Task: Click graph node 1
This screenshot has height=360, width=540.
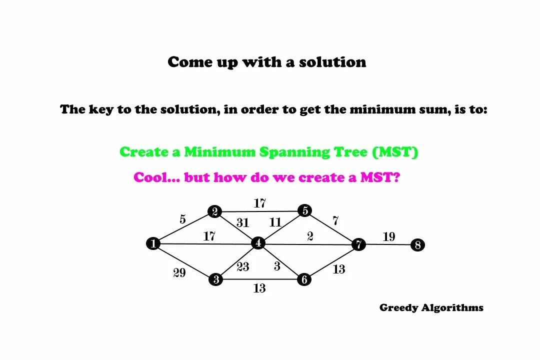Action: (x=153, y=243)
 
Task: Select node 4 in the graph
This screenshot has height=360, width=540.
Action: (x=258, y=243)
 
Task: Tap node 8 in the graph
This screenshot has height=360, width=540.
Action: (x=417, y=245)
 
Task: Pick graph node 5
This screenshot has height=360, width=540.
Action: (x=304, y=210)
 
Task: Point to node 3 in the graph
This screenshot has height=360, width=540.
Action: (x=215, y=279)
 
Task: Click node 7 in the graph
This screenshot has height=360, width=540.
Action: (x=358, y=244)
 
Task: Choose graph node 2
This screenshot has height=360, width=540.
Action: (x=215, y=211)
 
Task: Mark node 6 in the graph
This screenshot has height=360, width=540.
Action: (x=304, y=279)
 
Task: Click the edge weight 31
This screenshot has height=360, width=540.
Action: (x=242, y=223)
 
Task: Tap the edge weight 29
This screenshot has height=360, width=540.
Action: (x=179, y=273)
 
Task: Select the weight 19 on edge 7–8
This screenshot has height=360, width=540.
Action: (x=389, y=236)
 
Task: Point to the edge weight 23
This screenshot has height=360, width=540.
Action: (x=243, y=267)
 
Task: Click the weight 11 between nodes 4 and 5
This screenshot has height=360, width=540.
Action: (x=275, y=222)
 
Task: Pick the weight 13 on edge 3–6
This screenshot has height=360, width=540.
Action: (x=259, y=288)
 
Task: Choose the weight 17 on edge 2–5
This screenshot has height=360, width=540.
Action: (x=259, y=203)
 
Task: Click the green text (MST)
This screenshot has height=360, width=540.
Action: (x=395, y=152)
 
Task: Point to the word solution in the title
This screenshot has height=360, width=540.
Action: (x=332, y=62)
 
